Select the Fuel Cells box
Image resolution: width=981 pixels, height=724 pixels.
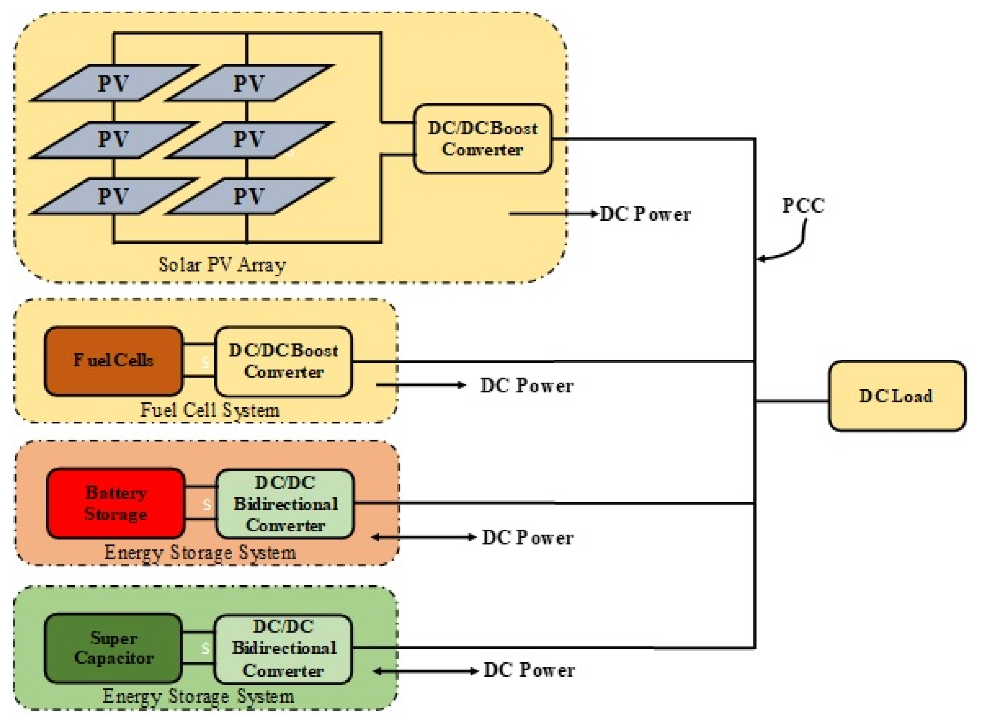(x=113, y=361)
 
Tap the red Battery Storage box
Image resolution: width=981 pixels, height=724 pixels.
(x=115, y=503)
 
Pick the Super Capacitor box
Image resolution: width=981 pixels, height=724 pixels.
(x=113, y=648)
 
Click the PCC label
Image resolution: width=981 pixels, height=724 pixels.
(x=803, y=206)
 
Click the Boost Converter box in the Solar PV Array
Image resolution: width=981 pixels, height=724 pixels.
(x=482, y=138)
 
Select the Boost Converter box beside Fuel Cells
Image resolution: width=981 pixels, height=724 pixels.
(x=283, y=361)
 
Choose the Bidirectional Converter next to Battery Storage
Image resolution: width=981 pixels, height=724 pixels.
(x=285, y=504)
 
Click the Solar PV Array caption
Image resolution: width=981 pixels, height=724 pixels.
(x=222, y=265)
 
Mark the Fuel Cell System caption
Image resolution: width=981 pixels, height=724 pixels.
(x=210, y=410)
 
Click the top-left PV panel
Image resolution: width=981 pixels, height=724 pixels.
(x=113, y=83)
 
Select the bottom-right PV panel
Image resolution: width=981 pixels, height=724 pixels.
(x=248, y=196)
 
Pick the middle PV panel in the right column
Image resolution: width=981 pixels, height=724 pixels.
(x=248, y=139)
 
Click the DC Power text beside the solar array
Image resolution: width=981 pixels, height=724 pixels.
(x=645, y=214)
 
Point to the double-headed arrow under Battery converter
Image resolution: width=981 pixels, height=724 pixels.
(x=424, y=537)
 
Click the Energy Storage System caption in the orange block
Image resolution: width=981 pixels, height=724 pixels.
(x=200, y=552)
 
